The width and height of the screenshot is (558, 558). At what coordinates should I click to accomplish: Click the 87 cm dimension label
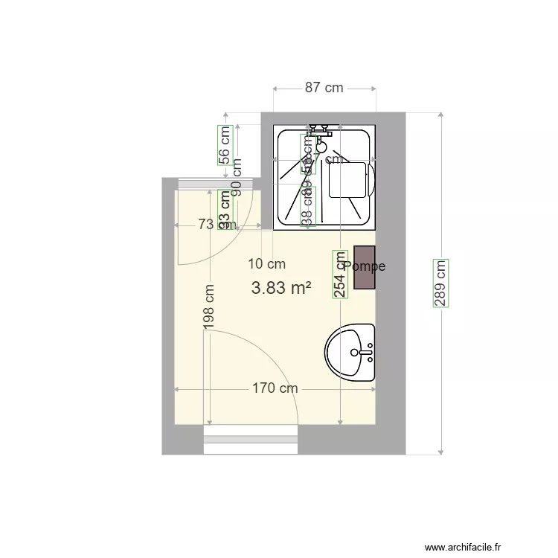coord(324,88)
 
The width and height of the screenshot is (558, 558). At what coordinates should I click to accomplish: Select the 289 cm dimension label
coord(441,283)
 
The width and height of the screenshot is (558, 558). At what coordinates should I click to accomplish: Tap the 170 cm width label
coord(275,388)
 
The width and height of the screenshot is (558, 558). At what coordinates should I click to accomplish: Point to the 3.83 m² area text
coord(281,289)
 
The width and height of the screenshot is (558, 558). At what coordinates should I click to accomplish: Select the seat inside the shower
coord(350,179)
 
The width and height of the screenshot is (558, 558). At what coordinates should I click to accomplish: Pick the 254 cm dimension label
coord(340,274)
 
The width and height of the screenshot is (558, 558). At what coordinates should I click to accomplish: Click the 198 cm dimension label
coord(210,308)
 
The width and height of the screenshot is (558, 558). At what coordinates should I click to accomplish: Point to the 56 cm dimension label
coord(224,144)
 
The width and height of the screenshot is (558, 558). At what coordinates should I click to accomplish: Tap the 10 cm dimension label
coord(266,263)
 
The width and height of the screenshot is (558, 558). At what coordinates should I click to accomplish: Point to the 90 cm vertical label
coord(237,179)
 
